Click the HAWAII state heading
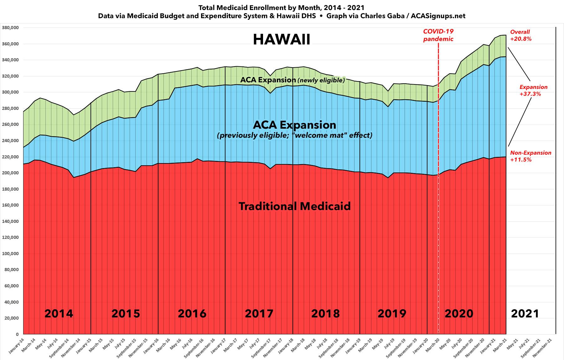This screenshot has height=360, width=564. coord(282,40)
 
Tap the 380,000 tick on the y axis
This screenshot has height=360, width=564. coord(11,28)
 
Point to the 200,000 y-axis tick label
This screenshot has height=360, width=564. coord(11,173)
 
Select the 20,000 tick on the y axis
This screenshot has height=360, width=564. coord(12,318)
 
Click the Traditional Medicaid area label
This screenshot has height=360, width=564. coord(294,206)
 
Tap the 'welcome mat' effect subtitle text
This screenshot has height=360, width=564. coord(294,136)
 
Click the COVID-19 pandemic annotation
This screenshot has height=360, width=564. coord(438,35)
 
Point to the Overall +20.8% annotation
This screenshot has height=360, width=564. coord(520,35)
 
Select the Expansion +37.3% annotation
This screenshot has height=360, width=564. coord(533,90)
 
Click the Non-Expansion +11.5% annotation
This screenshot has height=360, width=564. coord(530,156)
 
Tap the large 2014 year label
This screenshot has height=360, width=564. coord(59,313)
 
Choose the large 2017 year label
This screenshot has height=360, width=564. coord(259,313)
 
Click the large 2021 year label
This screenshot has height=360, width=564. coord(525,313)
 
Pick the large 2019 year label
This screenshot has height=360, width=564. coord(392,313)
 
